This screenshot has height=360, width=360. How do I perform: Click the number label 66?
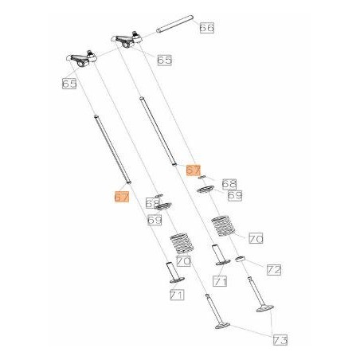tap(206, 28)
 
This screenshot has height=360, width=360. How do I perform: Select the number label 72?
tap(273, 270)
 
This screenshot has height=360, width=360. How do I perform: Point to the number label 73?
tap(280, 340)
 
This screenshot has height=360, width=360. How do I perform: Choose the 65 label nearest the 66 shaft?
tap(165, 60)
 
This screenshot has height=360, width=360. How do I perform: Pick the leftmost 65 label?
tap(69, 82)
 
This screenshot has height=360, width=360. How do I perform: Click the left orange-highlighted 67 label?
tap(121, 196)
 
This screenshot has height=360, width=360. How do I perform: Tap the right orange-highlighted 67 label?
tap(193, 170)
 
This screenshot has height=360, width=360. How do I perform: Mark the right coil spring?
tap(223, 225)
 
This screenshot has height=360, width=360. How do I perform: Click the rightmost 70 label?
tap(256, 237)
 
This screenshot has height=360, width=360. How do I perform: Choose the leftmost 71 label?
tap(176, 295)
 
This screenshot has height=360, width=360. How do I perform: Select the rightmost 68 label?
tap(229, 183)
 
